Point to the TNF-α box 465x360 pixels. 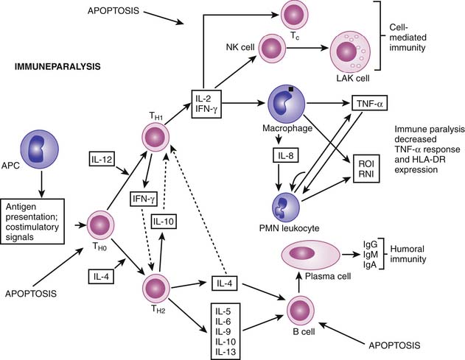(371, 103)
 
